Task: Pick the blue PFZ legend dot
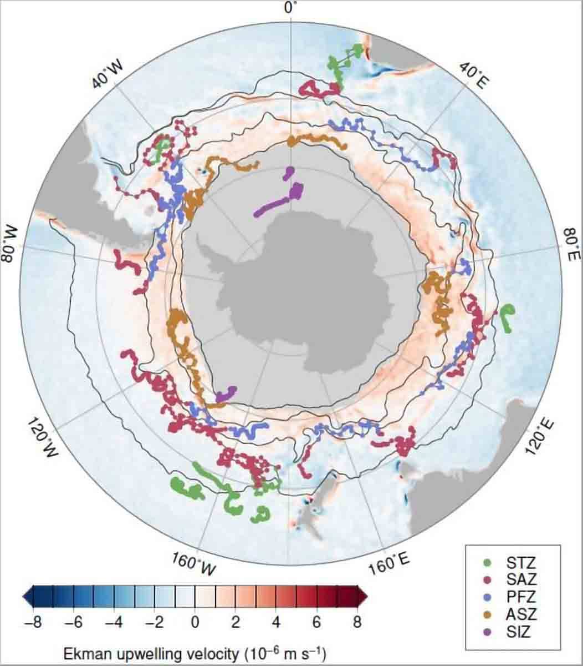click(483, 597)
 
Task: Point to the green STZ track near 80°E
click(507, 317)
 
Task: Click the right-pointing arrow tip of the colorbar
click(365, 597)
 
